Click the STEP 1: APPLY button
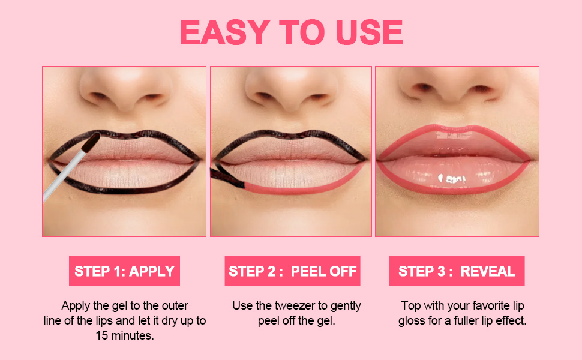click(x=124, y=271)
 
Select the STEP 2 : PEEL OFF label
click(x=292, y=271)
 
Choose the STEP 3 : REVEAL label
click(x=457, y=271)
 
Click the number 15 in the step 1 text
click(x=103, y=335)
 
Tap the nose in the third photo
click(x=456, y=96)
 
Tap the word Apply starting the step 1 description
click(x=76, y=306)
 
